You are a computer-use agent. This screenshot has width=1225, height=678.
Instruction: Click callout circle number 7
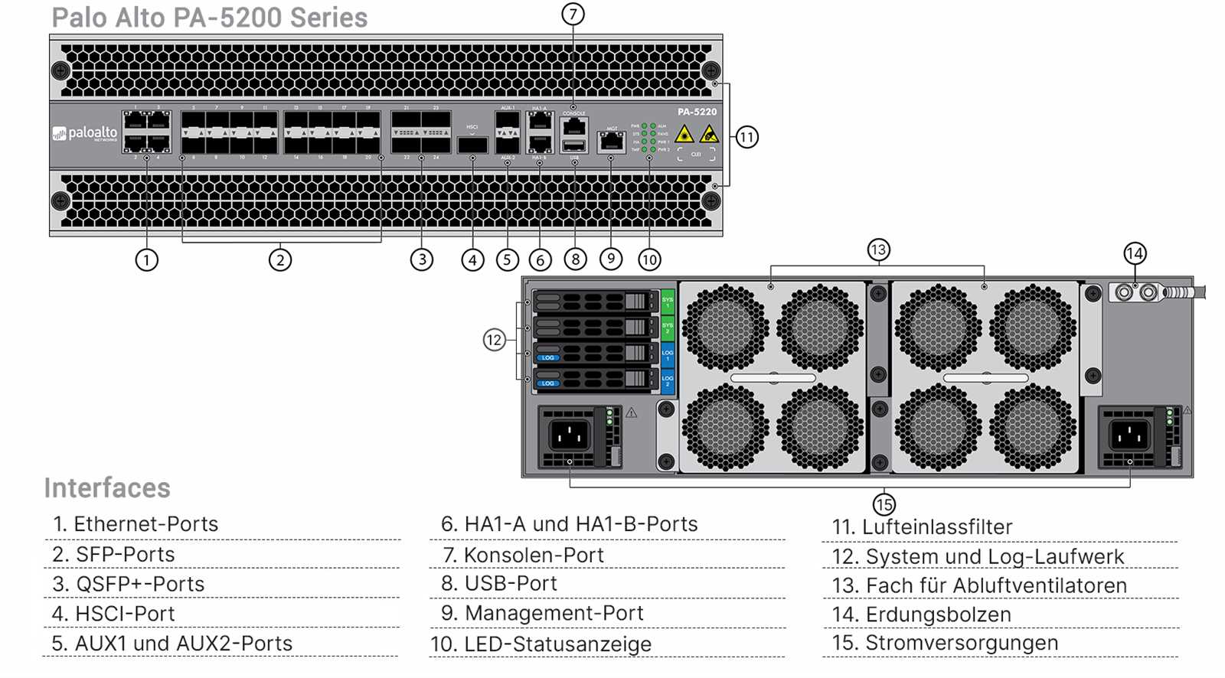click(573, 14)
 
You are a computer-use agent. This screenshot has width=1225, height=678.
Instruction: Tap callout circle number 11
click(746, 138)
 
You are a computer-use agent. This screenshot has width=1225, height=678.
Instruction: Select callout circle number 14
click(1135, 253)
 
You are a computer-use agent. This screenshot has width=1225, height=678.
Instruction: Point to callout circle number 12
click(494, 340)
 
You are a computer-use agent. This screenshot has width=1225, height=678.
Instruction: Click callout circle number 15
click(884, 504)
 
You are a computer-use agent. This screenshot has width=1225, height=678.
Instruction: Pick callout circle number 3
click(422, 259)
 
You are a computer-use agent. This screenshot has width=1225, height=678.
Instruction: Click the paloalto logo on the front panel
click(85, 134)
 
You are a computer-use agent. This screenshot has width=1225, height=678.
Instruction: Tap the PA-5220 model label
click(697, 112)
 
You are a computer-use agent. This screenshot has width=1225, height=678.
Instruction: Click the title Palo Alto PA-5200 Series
click(209, 18)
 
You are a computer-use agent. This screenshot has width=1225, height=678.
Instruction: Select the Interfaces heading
click(107, 487)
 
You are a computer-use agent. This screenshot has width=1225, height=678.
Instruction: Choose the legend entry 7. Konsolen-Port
click(523, 555)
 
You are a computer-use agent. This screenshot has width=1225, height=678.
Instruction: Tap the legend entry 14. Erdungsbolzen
click(921, 614)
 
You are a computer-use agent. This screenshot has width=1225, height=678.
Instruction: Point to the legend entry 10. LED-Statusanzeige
click(541, 644)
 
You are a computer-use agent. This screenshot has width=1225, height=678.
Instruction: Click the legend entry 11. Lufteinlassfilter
click(922, 527)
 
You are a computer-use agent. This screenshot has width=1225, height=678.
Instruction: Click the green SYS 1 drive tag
click(667, 302)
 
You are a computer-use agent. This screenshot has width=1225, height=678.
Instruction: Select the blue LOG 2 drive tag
click(667, 380)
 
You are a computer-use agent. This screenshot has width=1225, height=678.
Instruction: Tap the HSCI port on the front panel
click(472, 144)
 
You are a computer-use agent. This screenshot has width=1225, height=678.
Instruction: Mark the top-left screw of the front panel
click(60, 70)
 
